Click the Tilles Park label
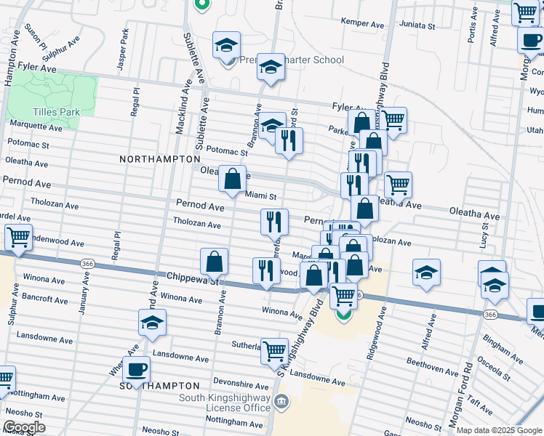tap(53, 112)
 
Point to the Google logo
tap(23, 427)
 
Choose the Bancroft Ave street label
tap(45, 299)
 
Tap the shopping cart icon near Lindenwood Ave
tap(18, 236)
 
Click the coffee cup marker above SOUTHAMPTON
tap(136, 369)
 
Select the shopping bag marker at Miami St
tap(232, 179)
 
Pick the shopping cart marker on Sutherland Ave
tap(274, 352)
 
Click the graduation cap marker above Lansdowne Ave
tap(152, 323)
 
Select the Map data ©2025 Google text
tap(497, 430)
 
